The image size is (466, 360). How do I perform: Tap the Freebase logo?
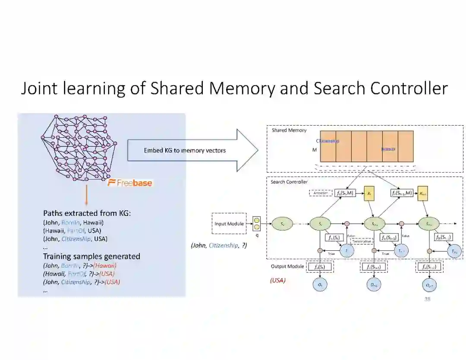(130, 183)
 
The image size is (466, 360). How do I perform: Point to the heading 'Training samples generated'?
(91, 256)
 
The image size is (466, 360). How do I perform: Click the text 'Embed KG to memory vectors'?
(185, 151)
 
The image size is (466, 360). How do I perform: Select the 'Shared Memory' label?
(289, 130)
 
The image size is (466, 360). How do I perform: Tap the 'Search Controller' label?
(289, 182)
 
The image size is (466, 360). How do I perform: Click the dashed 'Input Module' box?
(229, 224)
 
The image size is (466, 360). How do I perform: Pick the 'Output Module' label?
(287, 267)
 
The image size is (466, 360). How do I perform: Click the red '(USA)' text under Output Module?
(277, 281)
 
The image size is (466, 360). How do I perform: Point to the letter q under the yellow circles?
(257, 236)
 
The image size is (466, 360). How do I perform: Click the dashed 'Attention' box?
(320, 193)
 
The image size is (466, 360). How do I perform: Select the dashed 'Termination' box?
(362, 241)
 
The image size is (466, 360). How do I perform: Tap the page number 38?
(427, 299)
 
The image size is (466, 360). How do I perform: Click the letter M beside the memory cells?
(315, 150)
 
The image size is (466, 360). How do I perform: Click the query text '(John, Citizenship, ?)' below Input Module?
(219, 246)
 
